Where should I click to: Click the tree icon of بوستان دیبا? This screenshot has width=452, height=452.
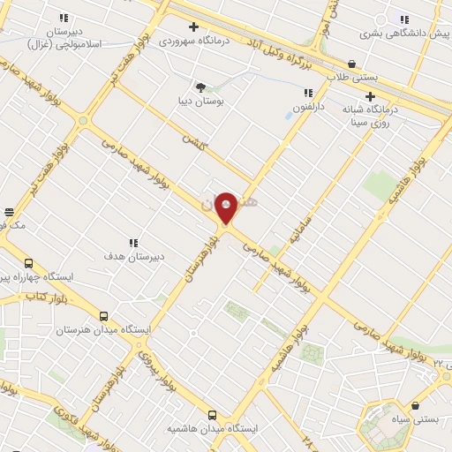click(200, 87)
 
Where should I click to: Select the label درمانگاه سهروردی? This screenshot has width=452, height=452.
click(193, 41)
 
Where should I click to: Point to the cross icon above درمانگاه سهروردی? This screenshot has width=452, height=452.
click(193, 26)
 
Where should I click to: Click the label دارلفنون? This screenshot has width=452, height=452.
click(309, 107)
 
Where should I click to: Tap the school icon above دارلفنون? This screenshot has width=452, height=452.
click(308, 93)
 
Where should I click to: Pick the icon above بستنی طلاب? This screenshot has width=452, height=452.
click(352, 64)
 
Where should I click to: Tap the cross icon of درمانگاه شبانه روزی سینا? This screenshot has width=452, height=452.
click(370, 96)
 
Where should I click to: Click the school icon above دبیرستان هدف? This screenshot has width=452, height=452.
click(133, 243)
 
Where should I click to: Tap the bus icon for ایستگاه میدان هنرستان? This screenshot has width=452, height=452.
click(104, 316)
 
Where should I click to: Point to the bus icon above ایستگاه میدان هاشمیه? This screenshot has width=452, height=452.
click(212, 414)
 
